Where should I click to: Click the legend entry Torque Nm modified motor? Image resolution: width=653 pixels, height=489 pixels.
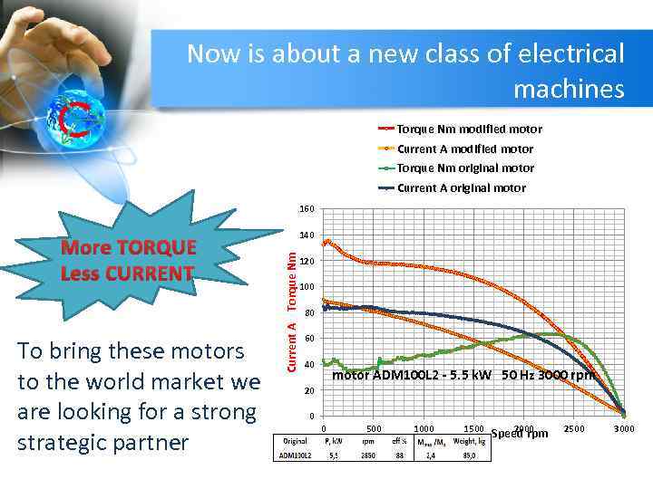coord(469,129)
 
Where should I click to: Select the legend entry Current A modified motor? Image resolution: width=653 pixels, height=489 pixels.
coord(465,149)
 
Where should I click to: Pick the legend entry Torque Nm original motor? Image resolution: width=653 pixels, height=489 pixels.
coord(465,168)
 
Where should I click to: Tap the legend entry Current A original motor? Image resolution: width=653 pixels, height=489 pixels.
coord(462,188)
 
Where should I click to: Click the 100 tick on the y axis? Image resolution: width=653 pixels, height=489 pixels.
coord(307,287)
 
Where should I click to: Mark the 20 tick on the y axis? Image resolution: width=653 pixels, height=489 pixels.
coord(309,390)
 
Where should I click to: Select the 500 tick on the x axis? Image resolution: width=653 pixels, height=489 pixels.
coord(373,428)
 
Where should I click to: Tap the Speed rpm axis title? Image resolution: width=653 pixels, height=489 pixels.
coord(520,433)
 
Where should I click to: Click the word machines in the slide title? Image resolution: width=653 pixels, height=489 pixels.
coord(569,89)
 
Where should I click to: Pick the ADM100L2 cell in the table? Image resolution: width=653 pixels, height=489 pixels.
coord(295,455)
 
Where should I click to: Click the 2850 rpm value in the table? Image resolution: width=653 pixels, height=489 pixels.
coord(368,455)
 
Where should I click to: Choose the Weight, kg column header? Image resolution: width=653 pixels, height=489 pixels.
coord(470,441)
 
